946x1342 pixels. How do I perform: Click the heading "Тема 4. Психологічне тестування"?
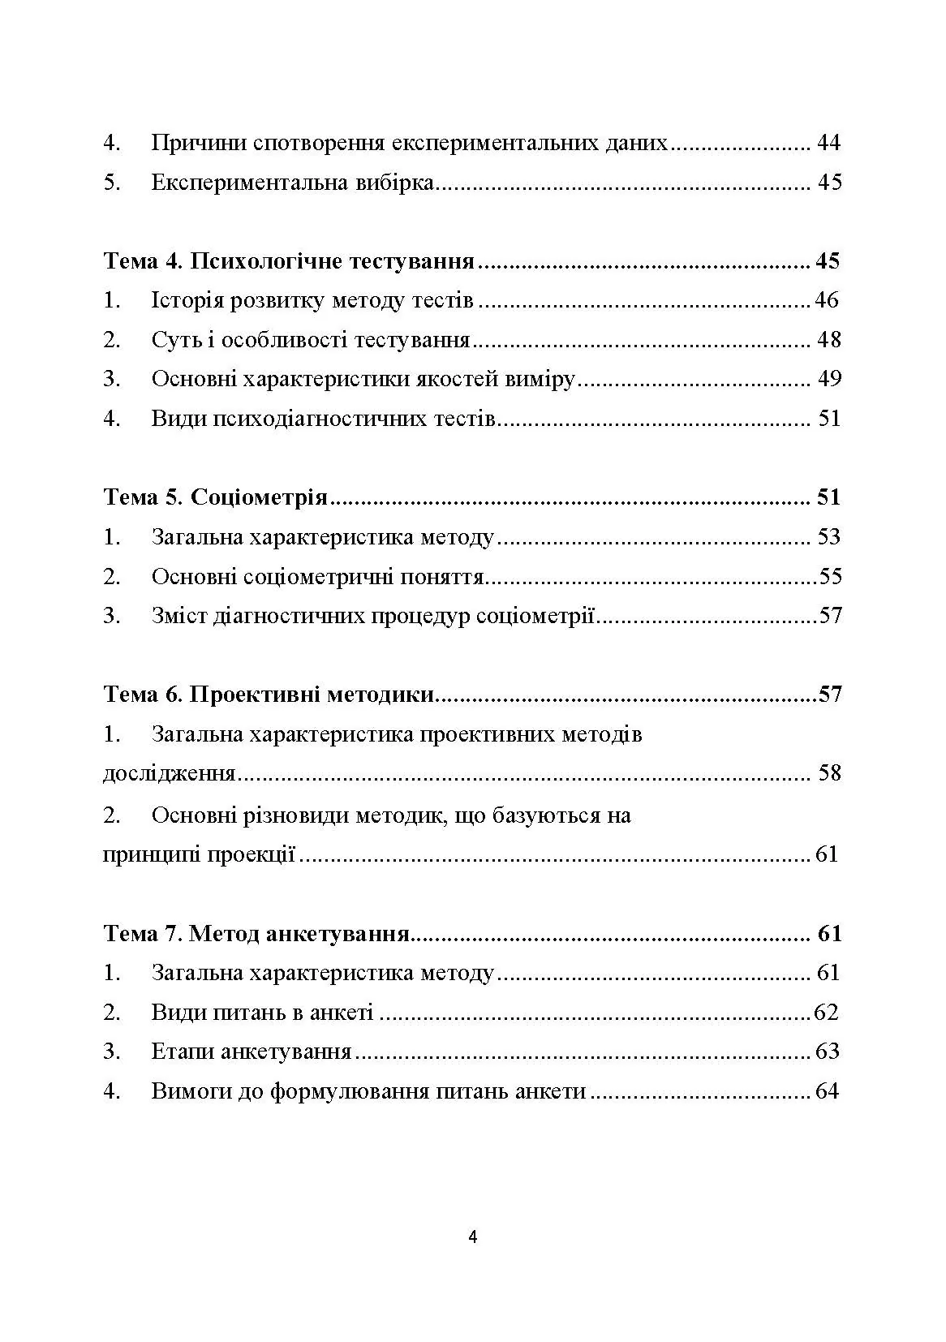(x=289, y=261)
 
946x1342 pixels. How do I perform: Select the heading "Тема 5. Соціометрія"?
(x=215, y=497)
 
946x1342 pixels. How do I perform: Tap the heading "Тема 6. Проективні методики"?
(x=269, y=695)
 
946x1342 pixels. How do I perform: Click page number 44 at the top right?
(x=828, y=144)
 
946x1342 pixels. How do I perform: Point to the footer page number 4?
(x=473, y=1237)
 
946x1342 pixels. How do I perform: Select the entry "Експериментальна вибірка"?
(x=293, y=183)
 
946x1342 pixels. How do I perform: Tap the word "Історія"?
(x=187, y=301)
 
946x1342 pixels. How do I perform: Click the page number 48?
(x=828, y=339)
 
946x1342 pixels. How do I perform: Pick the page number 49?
(x=828, y=379)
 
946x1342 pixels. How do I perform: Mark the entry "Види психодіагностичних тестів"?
(x=323, y=419)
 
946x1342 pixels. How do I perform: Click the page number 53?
(x=828, y=537)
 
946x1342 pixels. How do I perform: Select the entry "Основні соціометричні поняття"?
(x=317, y=577)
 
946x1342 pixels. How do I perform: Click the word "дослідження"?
(x=169, y=773)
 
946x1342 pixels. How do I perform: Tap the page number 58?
(x=829, y=773)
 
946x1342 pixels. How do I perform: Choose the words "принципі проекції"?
(x=199, y=854)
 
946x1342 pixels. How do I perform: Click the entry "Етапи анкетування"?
(x=251, y=1052)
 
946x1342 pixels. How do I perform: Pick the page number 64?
(x=826, y=1092)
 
